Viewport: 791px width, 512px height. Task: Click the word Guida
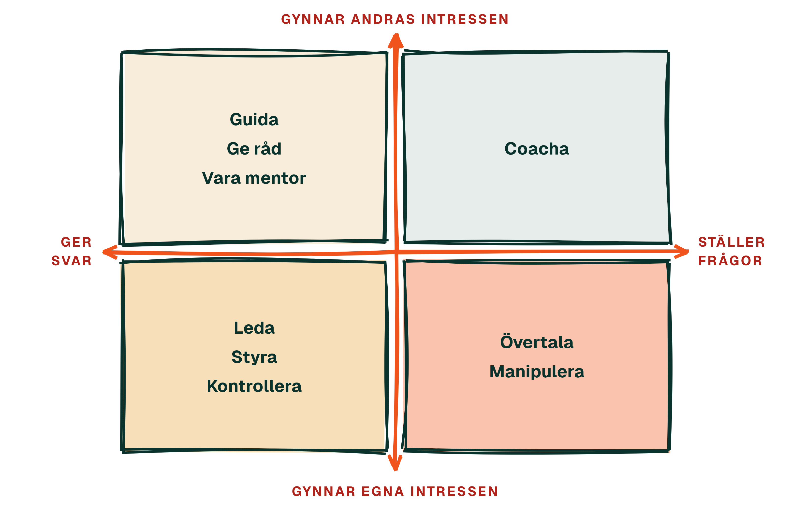pyautogui.click(x=254, y=120)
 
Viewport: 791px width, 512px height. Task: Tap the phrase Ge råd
pyautogui.click(x=254, y=149)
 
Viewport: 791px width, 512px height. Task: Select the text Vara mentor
pyautogui.click(x=254, y=178)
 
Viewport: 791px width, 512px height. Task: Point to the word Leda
pyautogui.click(x=254, y=328)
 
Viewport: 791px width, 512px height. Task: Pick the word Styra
pyautogui.click(x=254, y=357)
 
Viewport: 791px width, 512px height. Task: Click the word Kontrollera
pyautogui.click(x=254, y=386)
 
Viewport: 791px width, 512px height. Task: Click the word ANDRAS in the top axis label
pyautogui.click(x=383, y=19)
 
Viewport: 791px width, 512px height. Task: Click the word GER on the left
pyautogui.click(x=76, y=242)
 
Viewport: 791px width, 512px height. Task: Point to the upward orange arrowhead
pyautogui.click(x=395, y=41)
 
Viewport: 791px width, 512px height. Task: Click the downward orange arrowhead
pyautogui.click(x=395, y=463)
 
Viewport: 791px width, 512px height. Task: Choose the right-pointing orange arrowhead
pyautogui.click(x=681, y=252)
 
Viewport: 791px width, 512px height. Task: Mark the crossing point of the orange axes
pyautogui.click(x=396, y=252)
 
